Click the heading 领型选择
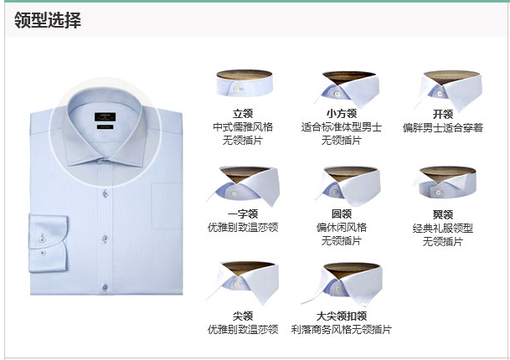(48, 20)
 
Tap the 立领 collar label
(243, 114)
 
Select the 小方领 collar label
(342, 114)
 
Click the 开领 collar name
(443, 114)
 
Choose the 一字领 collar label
(243, 214)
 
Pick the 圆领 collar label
(342, 214)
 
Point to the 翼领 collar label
(443, 214)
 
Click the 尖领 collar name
(243, 316)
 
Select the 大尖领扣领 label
(342, 316)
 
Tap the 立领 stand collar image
(245, 83)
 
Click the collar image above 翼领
(446, 183)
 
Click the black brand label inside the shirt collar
(105, 117)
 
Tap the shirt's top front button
(105, 194)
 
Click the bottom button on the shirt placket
(105, 288)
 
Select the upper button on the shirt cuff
(42, 239)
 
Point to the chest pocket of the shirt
(167, 206)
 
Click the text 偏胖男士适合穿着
(443, 127)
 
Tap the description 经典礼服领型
(443, 229)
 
